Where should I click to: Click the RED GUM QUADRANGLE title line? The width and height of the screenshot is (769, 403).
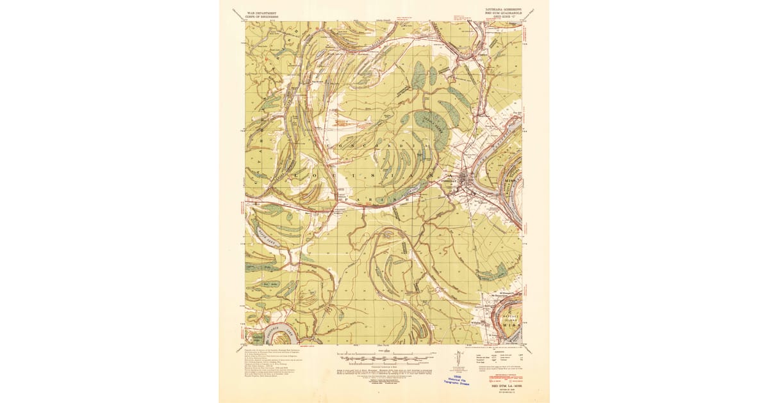(x=499, y=12)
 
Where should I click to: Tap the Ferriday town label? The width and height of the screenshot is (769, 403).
(x=450, y=182)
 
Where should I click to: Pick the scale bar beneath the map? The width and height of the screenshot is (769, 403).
(x=384, y=354)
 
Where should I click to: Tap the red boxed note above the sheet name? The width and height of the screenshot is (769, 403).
(x=504, y=378)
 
